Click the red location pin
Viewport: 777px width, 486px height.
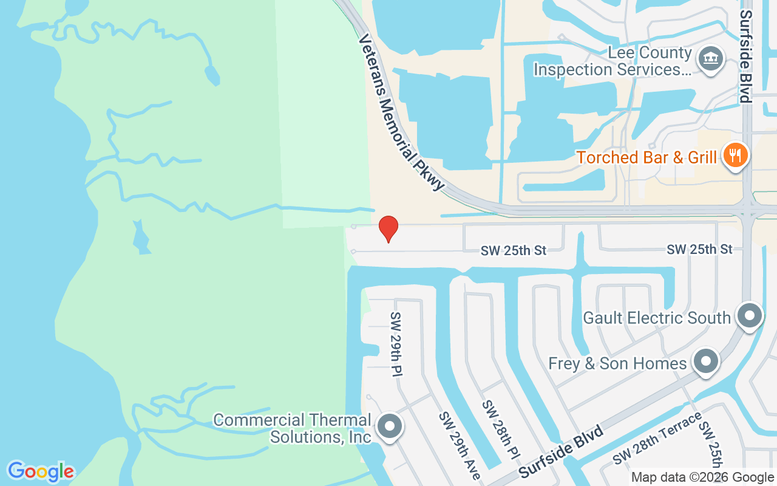[388, 228]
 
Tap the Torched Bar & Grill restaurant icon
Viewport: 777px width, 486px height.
[735, 156]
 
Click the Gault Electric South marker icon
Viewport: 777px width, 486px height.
[749, 316]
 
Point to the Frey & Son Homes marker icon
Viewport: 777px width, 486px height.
[705, 362]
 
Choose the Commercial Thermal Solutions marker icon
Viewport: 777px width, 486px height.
[389, 426]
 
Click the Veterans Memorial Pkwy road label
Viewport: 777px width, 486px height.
[401, 112]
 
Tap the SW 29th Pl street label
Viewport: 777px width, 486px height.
[396, 343]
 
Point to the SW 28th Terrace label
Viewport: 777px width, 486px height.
[657, 437]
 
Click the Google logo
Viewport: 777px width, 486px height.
[41, 471]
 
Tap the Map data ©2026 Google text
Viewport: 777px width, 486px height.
[702, 477]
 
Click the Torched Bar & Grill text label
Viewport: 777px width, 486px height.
[646, 157]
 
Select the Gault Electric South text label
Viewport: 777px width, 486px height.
[656, 318]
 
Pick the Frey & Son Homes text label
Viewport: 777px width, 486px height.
[617, 363]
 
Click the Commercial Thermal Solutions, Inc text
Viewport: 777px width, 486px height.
[292, 428]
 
